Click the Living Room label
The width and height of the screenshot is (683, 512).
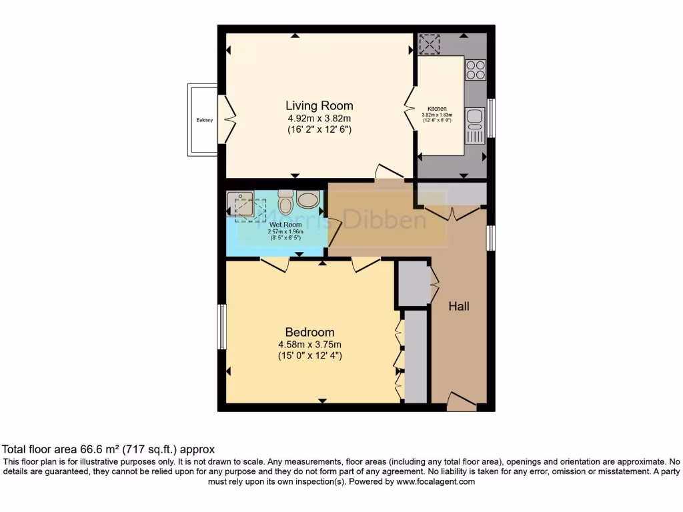coord(319,105)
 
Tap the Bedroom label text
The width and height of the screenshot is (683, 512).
coord(309,332)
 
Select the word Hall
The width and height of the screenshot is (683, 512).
coord(459,306)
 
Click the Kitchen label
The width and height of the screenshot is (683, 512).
coord(437,109)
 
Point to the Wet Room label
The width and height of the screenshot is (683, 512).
coord(286,225)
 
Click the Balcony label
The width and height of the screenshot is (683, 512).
coord(205,120)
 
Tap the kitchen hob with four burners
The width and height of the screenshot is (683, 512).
coord(475,70)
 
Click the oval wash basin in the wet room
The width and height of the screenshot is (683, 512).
coord(308,199)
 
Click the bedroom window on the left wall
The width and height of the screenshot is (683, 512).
coord(221,327)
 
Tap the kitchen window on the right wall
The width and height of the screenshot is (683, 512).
coord(491,118)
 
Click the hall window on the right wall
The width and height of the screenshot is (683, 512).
coord(491,238)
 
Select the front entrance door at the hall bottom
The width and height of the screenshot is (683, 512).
coord(462,401)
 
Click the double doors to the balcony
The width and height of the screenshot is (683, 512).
coord(227,120)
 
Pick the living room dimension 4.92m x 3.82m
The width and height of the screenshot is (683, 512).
coord(319,119)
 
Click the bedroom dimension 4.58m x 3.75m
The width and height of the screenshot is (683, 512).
coord(309,345)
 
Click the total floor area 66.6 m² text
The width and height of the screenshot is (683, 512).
coord(109,449)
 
